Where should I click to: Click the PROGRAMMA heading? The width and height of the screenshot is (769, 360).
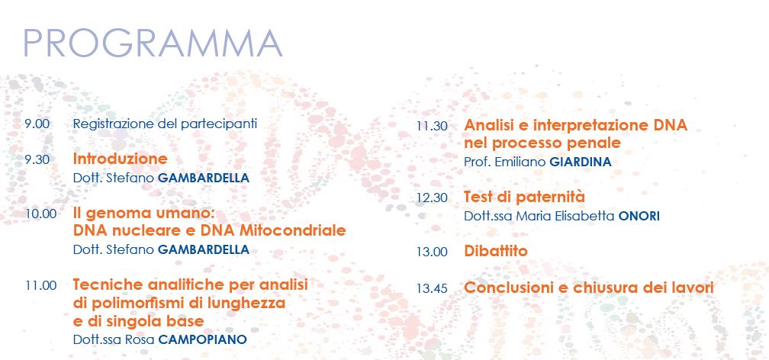[x=153, y=43]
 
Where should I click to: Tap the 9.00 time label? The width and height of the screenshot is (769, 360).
[x=37, y=124]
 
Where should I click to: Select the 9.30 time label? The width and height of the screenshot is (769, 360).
[x=37, y=159]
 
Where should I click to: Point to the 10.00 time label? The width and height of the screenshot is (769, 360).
[x=40, y=214]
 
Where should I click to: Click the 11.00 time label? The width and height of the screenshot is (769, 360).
[x=40, y=285]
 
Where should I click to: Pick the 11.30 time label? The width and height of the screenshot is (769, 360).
[x=432, y=126]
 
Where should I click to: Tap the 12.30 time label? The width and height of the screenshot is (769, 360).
[x=432, y=198]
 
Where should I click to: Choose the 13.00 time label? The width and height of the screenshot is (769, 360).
[x=432, y=252]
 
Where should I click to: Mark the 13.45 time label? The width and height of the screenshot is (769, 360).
[x=432, y=288]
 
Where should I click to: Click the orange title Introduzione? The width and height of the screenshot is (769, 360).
[x=121, y=159]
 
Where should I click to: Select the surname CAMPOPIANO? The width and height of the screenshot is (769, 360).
[x=203, y=340]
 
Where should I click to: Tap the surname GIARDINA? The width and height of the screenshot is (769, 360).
[x=581, y=162]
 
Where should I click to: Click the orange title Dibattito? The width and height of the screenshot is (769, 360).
[x=496, y=251]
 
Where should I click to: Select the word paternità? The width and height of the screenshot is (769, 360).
[x=551, y=198]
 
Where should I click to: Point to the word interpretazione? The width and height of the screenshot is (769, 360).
[x=591, y=126]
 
